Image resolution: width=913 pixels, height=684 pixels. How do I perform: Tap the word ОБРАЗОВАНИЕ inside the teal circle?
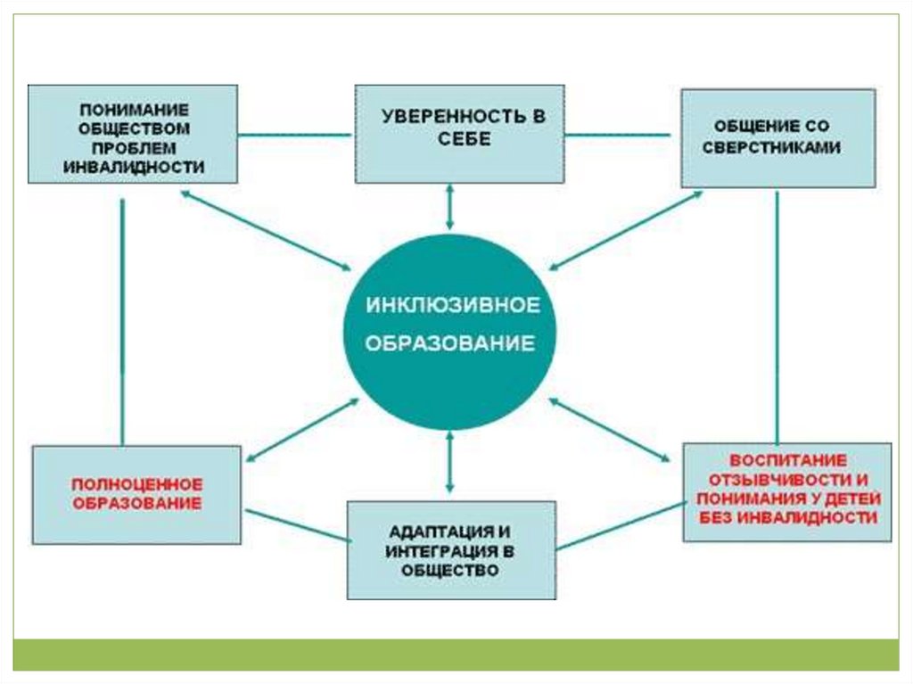453,343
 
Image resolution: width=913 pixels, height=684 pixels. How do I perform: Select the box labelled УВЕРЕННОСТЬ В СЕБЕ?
459,133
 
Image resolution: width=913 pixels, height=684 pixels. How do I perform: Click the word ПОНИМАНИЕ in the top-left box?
135,110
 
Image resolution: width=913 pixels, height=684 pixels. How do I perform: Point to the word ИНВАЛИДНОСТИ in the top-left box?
135,167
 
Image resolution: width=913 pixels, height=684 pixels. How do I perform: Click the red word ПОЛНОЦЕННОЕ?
137,484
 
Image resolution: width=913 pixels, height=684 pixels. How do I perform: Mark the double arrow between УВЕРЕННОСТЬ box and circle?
450,207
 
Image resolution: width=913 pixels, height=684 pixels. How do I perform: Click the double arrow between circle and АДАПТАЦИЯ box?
450,461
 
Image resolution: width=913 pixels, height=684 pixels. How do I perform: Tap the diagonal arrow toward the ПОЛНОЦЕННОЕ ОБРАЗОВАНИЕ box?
300,430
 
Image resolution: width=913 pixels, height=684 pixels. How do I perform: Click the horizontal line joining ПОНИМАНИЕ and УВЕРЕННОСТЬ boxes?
296,136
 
